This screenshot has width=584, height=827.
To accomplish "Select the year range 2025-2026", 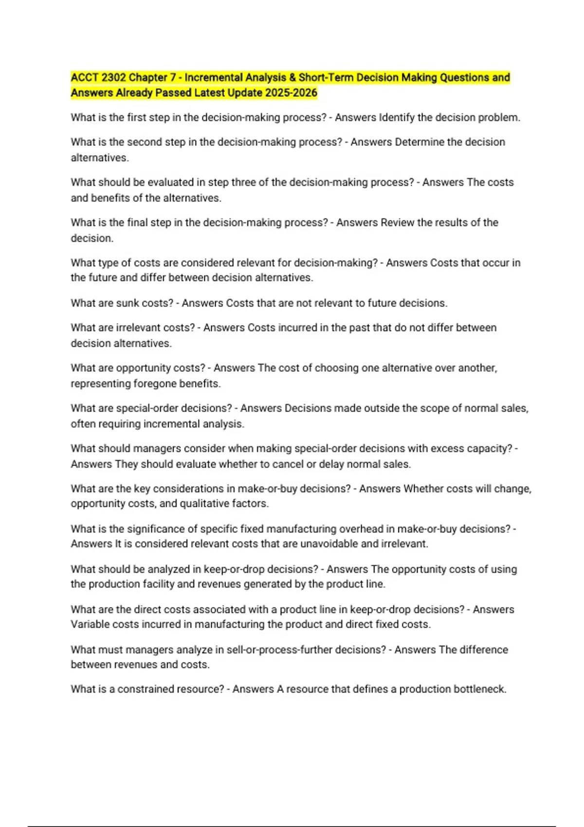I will click(292, 93).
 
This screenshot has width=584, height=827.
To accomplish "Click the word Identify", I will click(397, 118).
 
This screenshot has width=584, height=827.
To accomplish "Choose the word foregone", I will click(156, 384).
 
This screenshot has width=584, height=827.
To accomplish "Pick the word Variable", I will click(90, 624).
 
